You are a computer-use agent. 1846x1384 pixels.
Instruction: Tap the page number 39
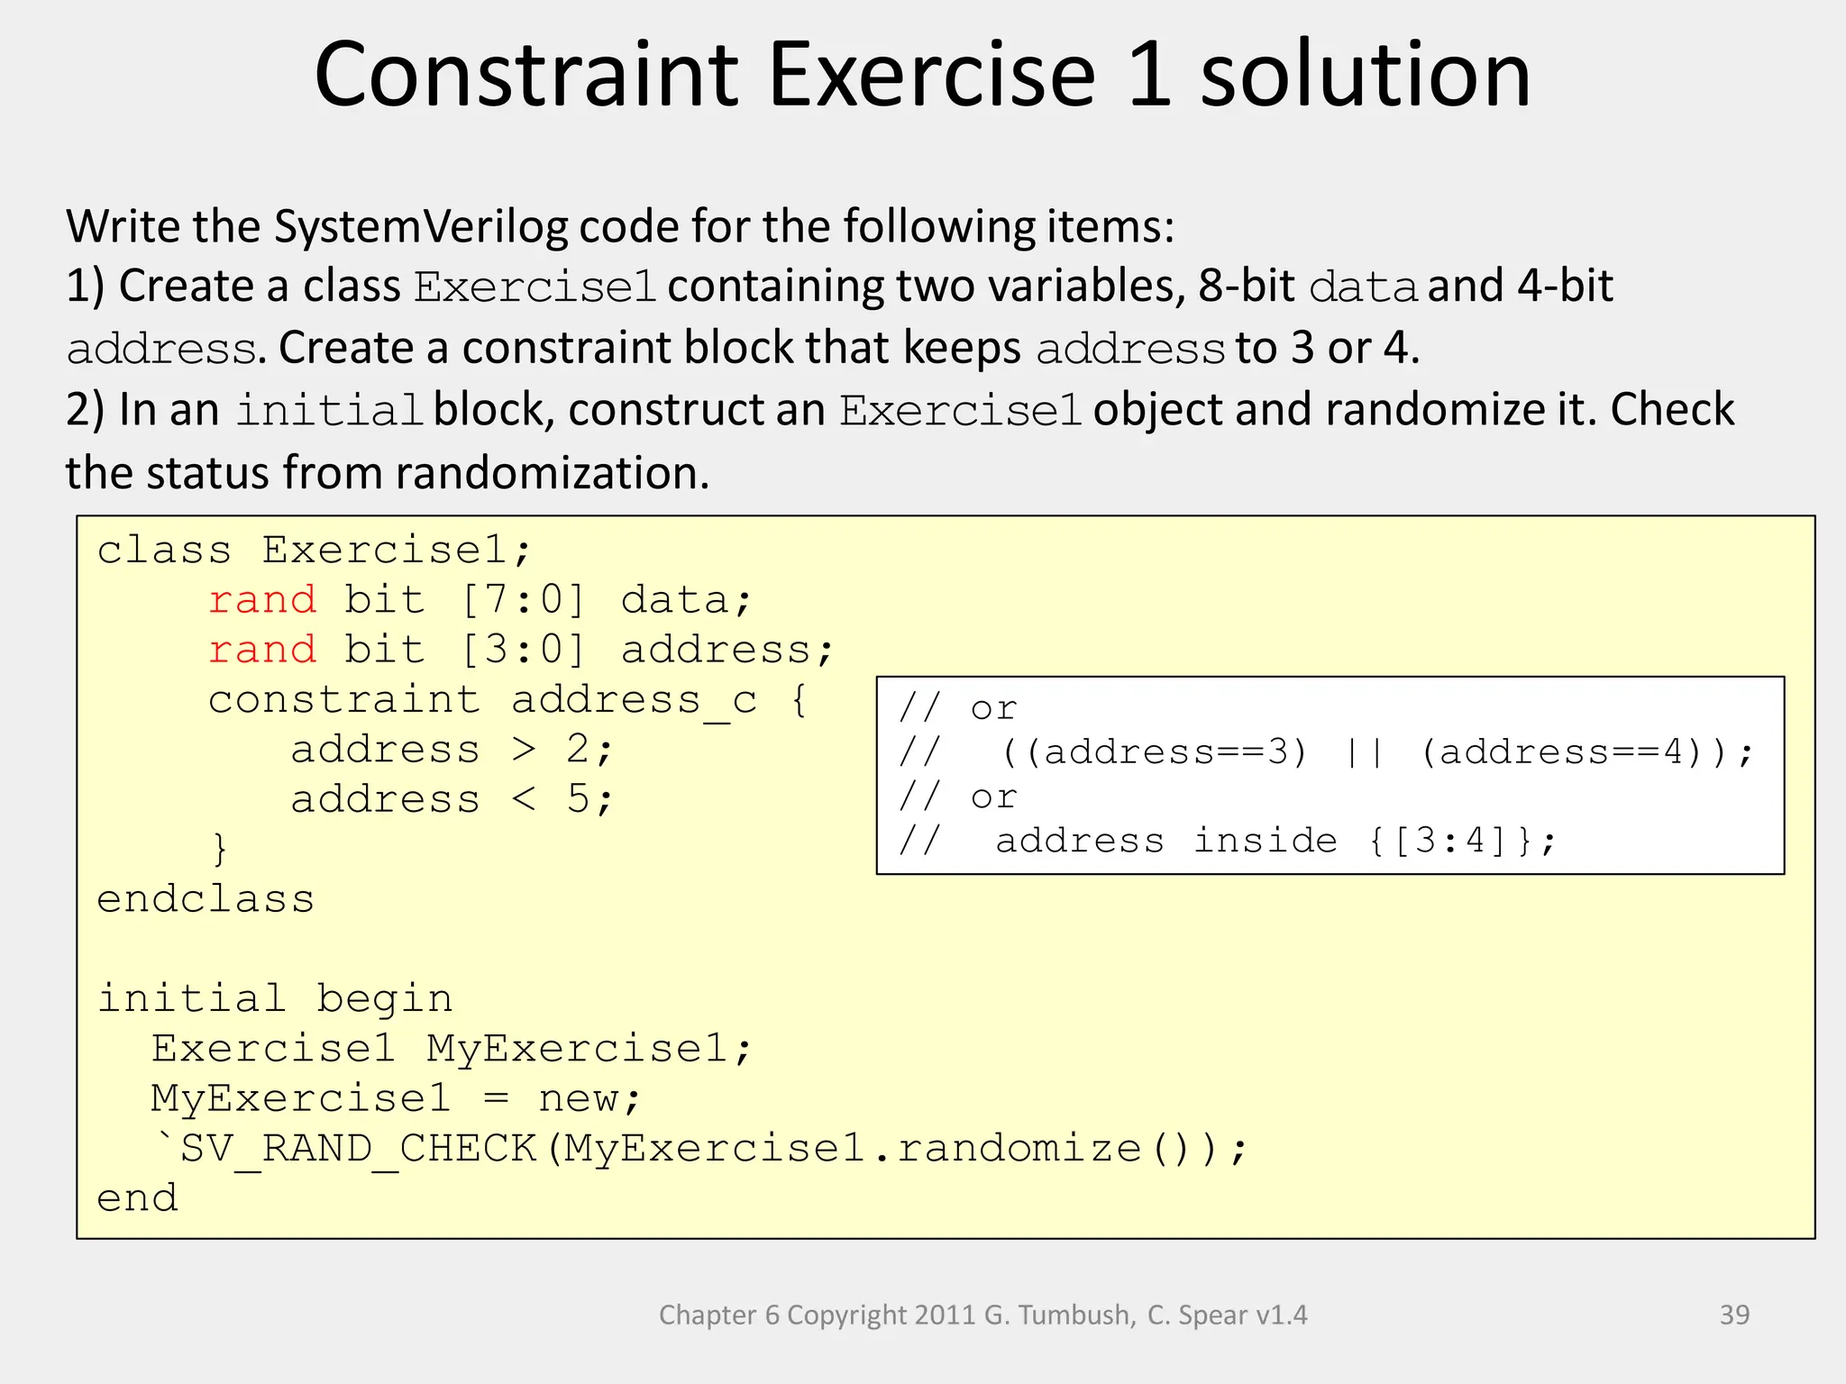(x=1734, y=1315)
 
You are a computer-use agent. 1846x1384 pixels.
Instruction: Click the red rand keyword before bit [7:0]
(x=262, y=600)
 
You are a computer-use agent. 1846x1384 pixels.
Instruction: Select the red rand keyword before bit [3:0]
(x=262, y=650)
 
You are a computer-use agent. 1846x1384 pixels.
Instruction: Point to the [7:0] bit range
(x=524, y=600)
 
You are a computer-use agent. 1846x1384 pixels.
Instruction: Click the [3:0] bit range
(x=524, y=650)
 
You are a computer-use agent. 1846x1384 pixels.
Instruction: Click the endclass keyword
(x=206, y=899)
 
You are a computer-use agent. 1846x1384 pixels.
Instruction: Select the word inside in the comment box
(x=1266, y=841)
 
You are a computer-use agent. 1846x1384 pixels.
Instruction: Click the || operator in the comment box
(x=1365, y=751)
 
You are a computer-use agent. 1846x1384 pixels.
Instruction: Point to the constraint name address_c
(x=634, y=700)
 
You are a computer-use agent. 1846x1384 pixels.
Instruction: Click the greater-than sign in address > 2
(x=524, y=750)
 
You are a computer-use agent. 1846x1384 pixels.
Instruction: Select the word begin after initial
(x=384, y=999)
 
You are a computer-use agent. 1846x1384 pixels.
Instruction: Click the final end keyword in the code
(x=137, y=1198)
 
